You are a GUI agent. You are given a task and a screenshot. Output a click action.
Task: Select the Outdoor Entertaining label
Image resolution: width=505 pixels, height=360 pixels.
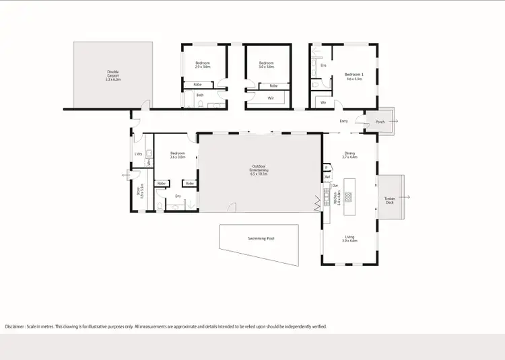(259, 169)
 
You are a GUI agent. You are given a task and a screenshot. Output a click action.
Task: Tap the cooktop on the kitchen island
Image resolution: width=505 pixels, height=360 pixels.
(348, 197)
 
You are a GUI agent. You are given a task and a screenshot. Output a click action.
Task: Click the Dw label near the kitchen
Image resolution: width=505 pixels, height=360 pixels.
(335, 185)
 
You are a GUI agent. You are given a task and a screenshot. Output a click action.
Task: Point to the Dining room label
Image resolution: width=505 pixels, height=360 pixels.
(349, 155)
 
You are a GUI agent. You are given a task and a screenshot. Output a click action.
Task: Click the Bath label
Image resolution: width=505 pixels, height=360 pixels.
(199, 96)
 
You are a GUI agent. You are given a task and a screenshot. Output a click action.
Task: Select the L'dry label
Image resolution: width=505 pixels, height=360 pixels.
(138, 154)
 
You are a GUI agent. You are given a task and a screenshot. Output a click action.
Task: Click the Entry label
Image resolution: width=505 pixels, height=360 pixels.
(343, 121)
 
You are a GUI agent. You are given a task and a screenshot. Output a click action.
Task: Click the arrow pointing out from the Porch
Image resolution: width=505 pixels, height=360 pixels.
(395, 122)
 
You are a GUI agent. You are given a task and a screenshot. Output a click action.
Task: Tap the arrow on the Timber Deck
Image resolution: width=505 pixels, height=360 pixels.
(407, 198)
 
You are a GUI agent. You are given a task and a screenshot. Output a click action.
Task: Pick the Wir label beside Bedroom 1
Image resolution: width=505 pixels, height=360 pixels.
(323, 102)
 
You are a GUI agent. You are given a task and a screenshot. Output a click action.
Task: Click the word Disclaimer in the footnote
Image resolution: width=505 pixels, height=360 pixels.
(15, 326)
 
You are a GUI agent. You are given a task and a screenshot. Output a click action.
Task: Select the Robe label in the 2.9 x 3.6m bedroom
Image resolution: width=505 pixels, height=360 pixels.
(197, 85)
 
